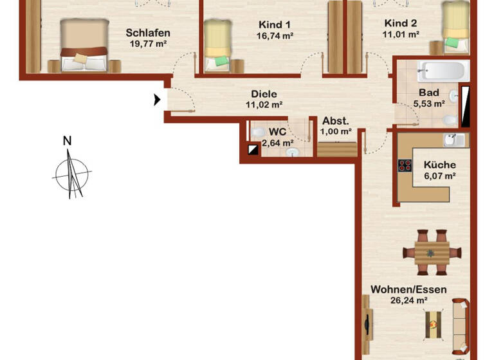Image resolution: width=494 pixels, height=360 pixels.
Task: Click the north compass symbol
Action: pos(71,172)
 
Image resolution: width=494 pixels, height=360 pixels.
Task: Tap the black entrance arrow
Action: pos(157,100)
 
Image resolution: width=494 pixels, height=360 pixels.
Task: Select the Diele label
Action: pos(264,93)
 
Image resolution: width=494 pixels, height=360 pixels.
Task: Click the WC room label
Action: pos(277,132)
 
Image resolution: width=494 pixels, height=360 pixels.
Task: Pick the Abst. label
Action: pos(336,121)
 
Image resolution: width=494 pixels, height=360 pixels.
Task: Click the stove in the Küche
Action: pos(405,166)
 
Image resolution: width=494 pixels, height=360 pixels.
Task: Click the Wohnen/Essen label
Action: pos(409,289)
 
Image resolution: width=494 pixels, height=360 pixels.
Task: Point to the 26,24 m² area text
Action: pos(409,300)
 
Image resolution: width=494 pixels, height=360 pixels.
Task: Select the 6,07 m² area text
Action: pos(439,175)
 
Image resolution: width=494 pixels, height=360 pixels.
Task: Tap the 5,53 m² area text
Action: pos(429,103)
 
